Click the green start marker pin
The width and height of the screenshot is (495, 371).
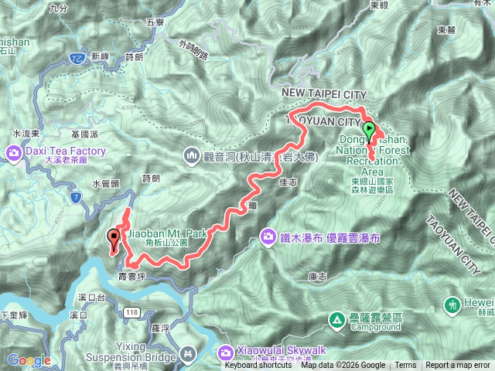(x=370, y=130)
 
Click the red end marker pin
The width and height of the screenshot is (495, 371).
(x=114, y=237)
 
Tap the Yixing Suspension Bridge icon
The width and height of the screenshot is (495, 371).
(x=186, y=353)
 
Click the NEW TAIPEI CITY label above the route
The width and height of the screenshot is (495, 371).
(x=323, y=94)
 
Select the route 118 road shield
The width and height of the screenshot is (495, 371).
(x=129, y=310)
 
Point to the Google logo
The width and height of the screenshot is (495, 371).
(x=29, y=360)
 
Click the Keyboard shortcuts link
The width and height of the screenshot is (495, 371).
(x=254, y=366)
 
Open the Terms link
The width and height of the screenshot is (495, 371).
(x=405, y=366)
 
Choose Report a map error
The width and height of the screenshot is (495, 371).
(x=458, y=366)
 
